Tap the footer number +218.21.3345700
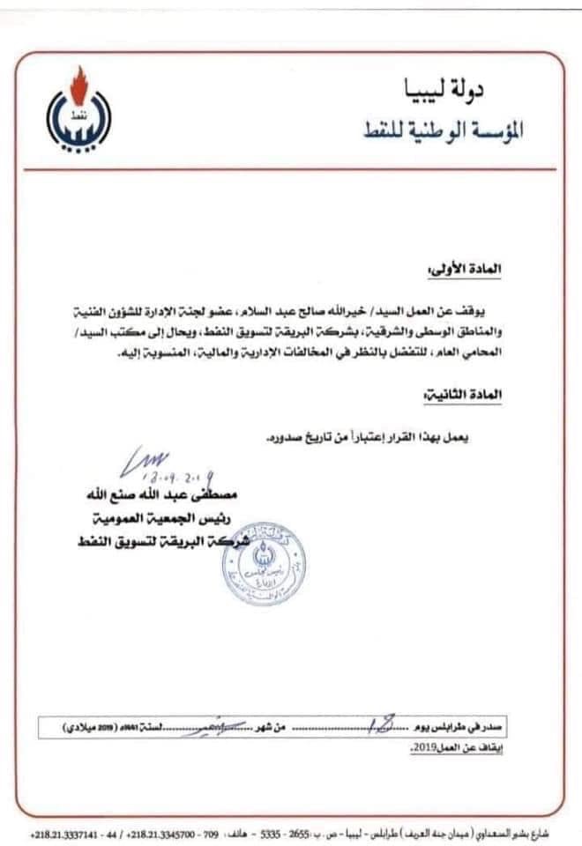[164, 832]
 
